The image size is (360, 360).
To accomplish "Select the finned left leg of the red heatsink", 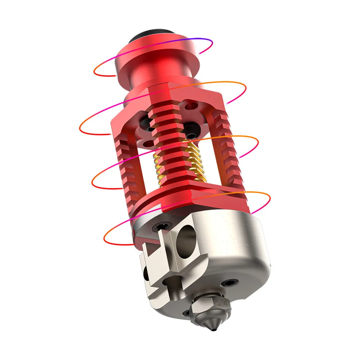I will [124, 158].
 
